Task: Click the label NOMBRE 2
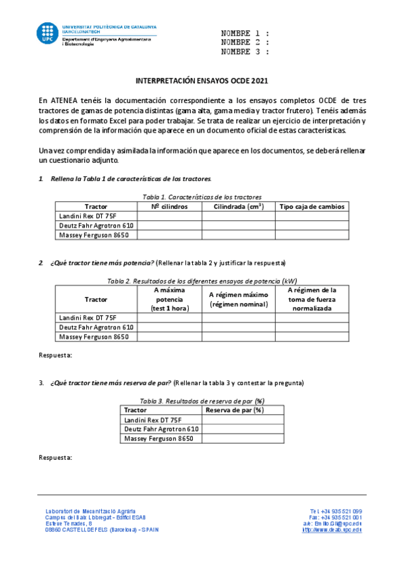(x=245, y=42)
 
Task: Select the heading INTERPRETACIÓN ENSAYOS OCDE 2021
(x=202, y=80)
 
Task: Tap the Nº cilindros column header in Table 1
(x=169, y=206)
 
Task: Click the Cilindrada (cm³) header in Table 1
(x=238, y=206)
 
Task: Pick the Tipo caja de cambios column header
(x=312, y=206)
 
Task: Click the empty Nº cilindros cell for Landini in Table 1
(x=169, y=215)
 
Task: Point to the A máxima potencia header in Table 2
(x=169, y=299)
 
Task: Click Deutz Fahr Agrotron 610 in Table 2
(x=96, y=327)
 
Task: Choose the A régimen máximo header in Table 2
(x=238, y=299)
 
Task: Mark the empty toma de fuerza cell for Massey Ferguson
(x=312, y=337)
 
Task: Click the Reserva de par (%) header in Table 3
(x=233, y=409)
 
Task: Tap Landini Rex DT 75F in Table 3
(x=153, y=419)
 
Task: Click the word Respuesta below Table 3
(x=54, y=457)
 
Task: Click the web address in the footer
(x=332, y=530)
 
